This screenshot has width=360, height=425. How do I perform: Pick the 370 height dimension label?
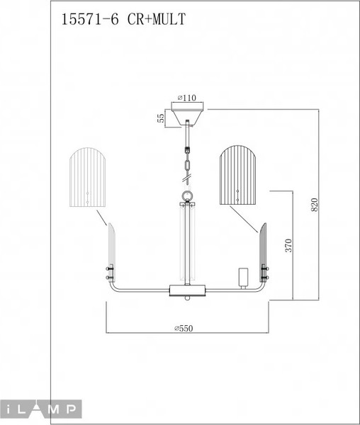(288, 244)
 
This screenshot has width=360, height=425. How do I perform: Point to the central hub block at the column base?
(188, 290)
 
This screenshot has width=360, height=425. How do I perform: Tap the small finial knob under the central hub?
(188, 298)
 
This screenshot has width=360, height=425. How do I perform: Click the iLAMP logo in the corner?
(41, 409)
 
